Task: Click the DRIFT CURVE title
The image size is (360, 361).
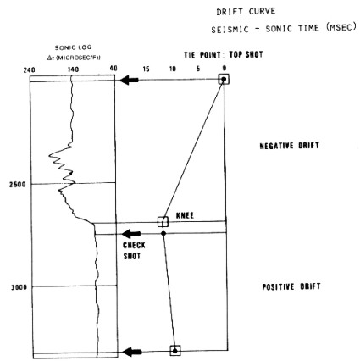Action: coord(246,12)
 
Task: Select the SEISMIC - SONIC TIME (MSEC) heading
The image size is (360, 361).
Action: coord(284,29)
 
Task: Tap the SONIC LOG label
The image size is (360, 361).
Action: coord(73,47)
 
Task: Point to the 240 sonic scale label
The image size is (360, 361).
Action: coord(30,69)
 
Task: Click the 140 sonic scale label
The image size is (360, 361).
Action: coord(73,69)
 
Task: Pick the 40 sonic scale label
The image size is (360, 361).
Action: coord(114,69)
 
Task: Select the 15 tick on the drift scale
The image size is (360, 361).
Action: coord(146,69)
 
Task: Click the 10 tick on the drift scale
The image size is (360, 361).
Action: coord(172,69)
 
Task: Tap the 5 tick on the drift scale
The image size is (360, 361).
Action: coord(198,69)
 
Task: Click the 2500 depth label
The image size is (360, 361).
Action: coord(18,185)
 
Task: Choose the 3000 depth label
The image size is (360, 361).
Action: coord(19,287)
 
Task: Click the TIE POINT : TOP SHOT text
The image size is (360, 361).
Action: coord(224,55)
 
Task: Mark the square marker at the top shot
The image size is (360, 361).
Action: coord(224,79)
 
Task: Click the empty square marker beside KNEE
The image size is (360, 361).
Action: coord(163,222)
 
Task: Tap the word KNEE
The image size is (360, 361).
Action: coord(185,216)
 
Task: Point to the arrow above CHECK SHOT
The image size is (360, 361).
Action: coord(131,234)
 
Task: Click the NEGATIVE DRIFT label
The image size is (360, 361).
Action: coord(290,146)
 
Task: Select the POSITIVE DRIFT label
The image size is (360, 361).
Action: coord(291,286)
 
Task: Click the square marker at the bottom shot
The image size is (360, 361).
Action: coord(175,351)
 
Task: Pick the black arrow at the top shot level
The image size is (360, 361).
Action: coord(129,80)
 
